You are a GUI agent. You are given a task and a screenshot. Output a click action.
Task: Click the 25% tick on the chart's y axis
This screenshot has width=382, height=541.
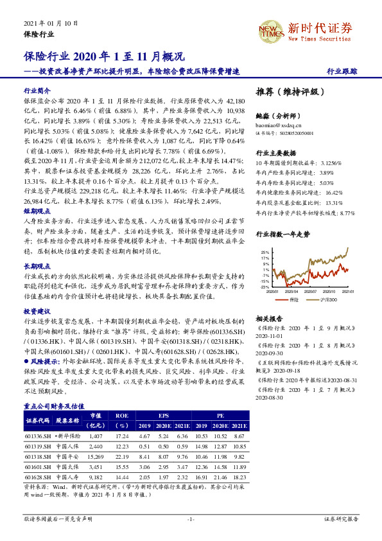265,253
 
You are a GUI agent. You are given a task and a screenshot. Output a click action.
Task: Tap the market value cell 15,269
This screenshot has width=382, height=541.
96,457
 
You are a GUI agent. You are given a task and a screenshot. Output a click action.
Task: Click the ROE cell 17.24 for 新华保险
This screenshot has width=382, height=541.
122,436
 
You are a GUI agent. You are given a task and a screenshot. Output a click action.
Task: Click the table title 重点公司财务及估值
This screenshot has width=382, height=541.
54,406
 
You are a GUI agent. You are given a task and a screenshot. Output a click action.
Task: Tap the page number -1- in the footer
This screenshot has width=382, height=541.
191,518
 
